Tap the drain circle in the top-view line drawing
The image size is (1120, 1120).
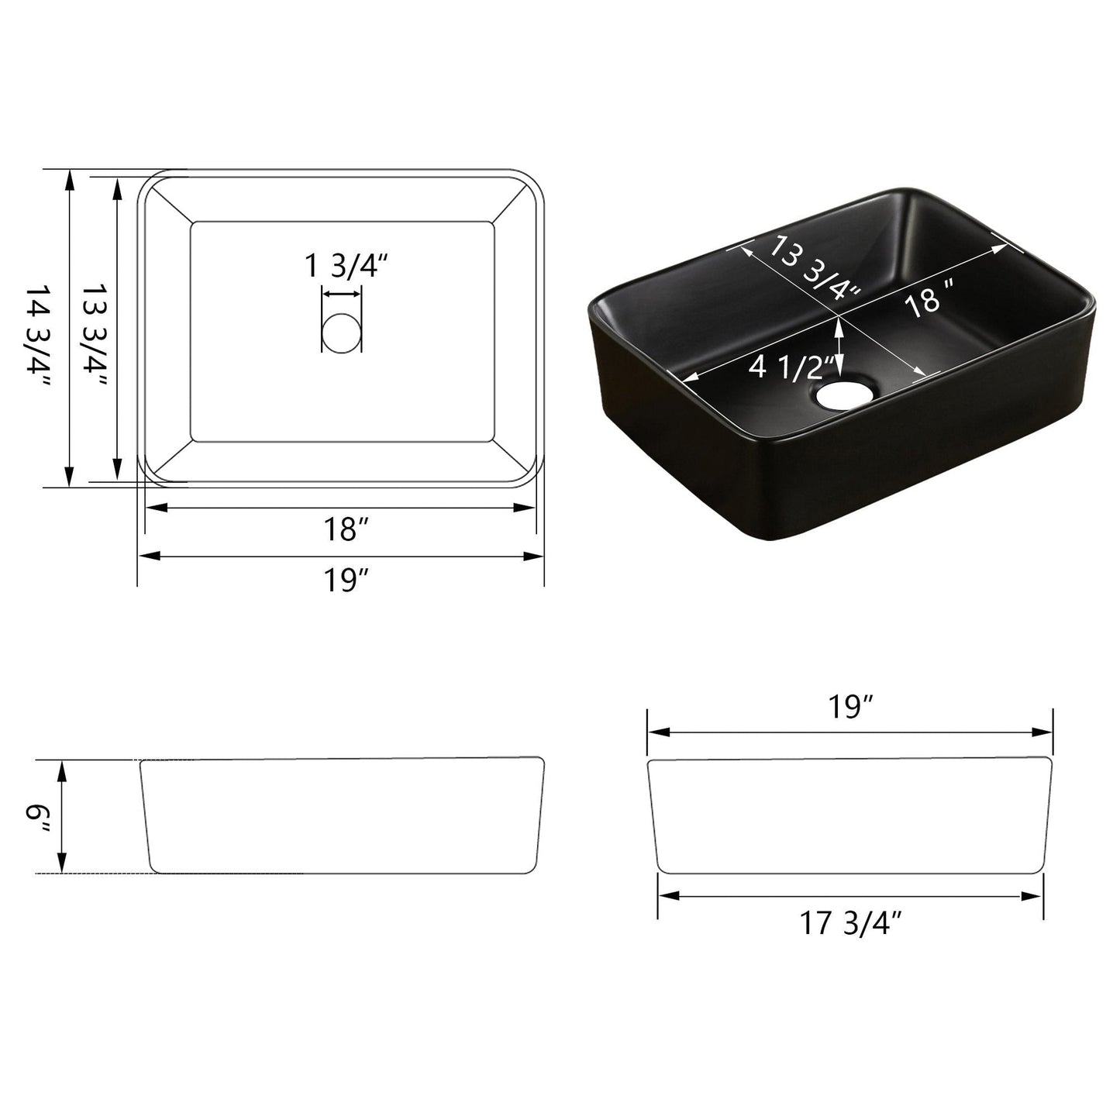point(341,332)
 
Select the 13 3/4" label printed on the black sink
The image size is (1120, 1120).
point(814,267)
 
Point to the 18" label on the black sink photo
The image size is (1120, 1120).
point(928,299)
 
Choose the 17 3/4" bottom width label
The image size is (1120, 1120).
point(851,923)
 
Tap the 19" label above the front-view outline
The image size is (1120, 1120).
point(849,707)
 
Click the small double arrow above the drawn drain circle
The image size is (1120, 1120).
point(341,294)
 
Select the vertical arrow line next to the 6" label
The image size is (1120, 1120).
point(63,817)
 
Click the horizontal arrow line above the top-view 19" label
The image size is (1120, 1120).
point(341,555)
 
